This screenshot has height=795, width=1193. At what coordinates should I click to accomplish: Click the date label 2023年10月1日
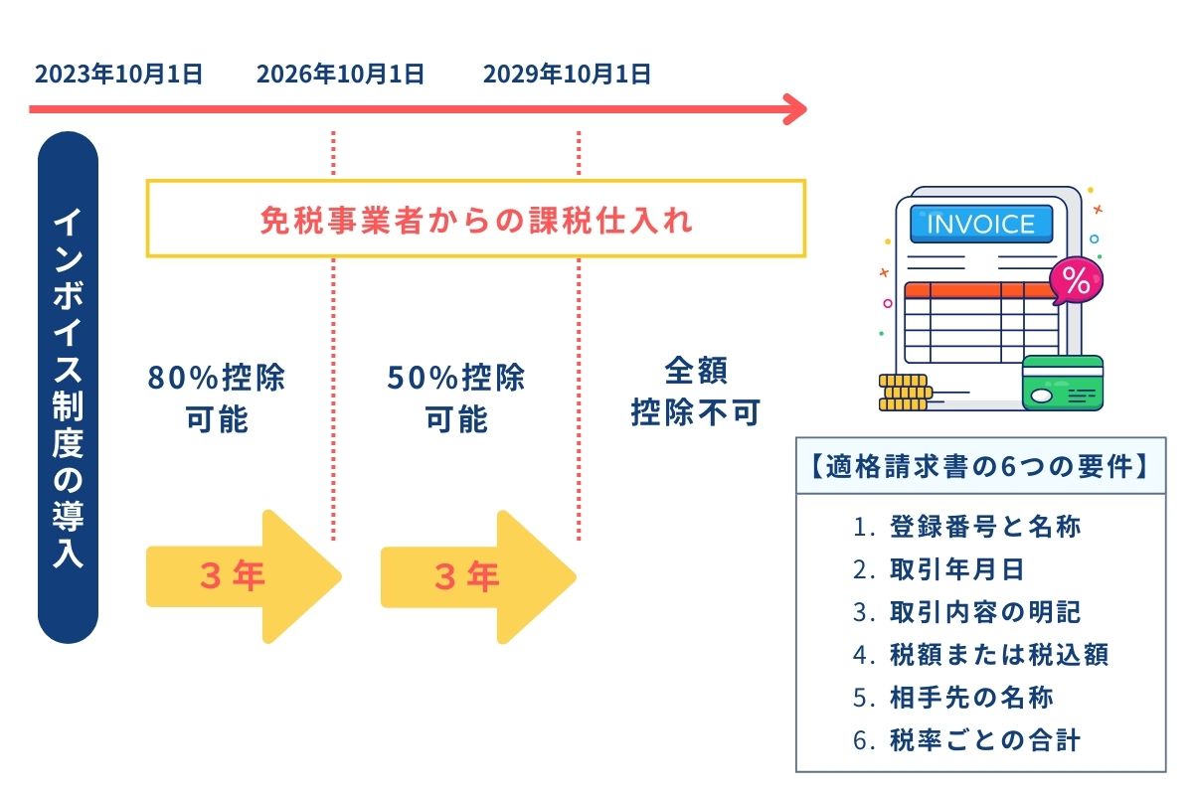[x=118, y=75]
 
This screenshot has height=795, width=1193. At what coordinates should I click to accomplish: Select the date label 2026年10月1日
[x=340, y=75]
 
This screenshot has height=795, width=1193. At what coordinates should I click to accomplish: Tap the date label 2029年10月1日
[x=567, y=75]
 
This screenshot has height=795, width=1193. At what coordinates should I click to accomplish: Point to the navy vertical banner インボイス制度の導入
[x=68, y=388]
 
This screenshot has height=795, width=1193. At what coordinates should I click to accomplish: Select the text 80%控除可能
[x=217, y=398]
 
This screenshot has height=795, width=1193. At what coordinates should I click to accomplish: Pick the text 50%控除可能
[x=456, y=398]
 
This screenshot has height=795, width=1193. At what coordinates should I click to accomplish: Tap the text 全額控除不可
[x=695, y=393]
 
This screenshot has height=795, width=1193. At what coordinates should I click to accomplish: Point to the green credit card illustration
[x=1062, y=384]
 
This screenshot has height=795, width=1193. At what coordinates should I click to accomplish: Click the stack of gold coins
[x=901, y=393]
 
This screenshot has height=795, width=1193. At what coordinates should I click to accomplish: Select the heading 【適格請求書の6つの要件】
[x=980, y=466]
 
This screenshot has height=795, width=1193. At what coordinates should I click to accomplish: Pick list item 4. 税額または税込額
[x=980, y=655]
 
